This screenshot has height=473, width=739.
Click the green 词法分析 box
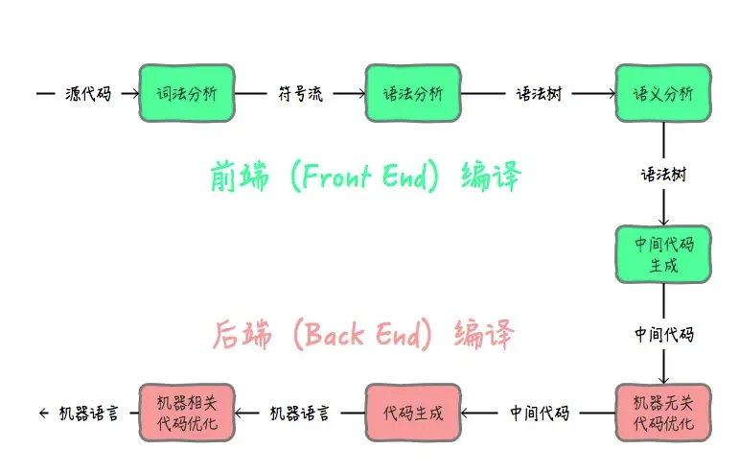coord(187,93)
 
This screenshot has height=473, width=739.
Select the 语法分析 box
coord(413,93)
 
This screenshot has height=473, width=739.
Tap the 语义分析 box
coord(663,93)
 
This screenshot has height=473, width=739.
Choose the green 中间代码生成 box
coord(663,254)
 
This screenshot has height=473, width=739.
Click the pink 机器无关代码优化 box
coord(663,414)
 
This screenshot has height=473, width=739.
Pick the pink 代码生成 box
coord(413,414)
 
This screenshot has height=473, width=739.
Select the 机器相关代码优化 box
coord(187,414)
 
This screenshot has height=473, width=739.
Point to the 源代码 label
coord(88,93)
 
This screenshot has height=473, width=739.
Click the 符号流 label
coord(300,93)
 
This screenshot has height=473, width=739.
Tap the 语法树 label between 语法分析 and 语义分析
coord(539,93)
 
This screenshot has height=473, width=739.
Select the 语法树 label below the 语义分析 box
coord(663,175)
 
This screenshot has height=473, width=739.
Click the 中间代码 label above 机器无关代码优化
coord(663,334)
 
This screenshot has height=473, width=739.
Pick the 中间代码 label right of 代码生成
coord(540,414)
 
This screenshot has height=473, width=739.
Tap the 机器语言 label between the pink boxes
coord(300,414)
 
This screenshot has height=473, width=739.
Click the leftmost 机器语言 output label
coord(88,414)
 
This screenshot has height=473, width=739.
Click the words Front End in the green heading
coord(364,176)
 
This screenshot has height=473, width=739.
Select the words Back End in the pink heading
coord(362,334)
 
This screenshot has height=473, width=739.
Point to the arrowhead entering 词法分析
coord(135,93)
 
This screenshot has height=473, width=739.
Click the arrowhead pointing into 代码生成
coord(466,414)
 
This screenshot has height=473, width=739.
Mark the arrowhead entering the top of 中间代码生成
coord(663,222)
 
